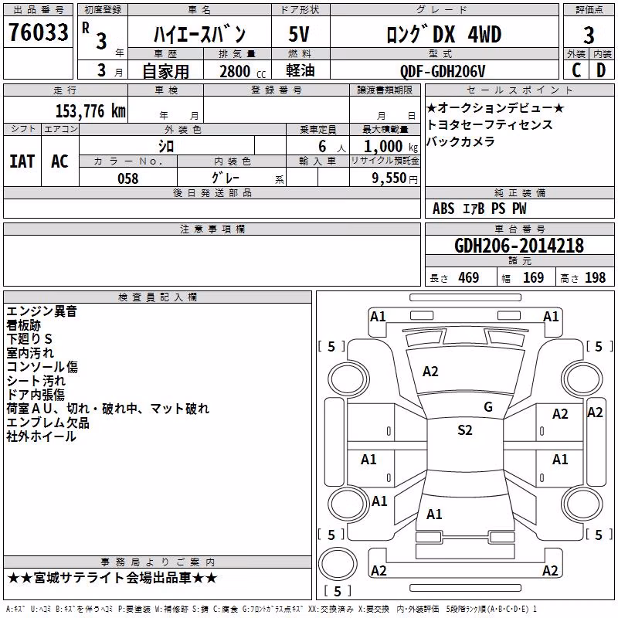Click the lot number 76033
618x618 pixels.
38,32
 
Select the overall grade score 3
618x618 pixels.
589,36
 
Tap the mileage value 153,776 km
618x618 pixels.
90,111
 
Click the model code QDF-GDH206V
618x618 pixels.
443,71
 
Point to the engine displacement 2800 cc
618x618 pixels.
243,71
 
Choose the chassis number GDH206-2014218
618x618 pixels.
519,246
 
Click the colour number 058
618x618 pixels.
128,178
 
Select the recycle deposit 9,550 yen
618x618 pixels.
395,178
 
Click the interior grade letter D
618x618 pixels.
601,70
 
